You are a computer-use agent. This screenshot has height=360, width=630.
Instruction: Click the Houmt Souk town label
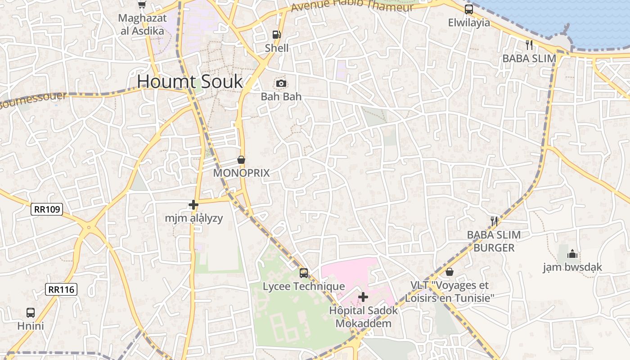click(x=189, y=81)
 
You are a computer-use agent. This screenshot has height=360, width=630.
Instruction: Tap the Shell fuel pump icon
click(x=276, y=35)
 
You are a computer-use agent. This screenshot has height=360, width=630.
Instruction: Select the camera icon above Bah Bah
click(x=281, y=83)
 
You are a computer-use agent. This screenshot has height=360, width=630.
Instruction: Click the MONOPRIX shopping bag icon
click(x=241, y=160)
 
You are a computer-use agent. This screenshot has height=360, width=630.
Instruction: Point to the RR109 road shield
click(x=47, y=209)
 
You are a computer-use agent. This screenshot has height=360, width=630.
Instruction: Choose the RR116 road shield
click(x=61, y=289)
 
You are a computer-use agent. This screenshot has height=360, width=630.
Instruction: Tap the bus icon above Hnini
click(x=31, y=312)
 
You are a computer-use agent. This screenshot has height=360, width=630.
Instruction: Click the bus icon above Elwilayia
click(x=469, y=9)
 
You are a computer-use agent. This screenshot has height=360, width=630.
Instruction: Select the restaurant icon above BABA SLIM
click(x=529, y=45)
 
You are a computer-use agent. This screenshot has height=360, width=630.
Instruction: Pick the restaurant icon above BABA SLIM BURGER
click(x=494, y=221)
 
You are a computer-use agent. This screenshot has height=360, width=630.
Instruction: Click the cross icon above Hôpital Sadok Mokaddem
click(x=363, y=297)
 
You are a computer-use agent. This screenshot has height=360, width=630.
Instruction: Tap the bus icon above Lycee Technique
click(x=304, y=273)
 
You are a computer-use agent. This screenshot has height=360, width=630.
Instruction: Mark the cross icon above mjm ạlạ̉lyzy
click(x=193, y=205)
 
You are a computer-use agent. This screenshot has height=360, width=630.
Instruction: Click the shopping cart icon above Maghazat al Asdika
click(x=142, y=4)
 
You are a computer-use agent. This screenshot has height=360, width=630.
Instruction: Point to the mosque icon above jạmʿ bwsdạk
click(x=572, y=254)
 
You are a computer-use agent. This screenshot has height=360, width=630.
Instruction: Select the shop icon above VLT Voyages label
click(x=449, y=272)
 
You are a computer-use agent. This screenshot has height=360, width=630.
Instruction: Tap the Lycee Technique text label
click(x=304, y=286)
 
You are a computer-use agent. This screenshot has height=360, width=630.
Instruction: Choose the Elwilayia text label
click(x=469, y=22)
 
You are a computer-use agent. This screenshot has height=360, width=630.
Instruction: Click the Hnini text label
click(x=31, y=325)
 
